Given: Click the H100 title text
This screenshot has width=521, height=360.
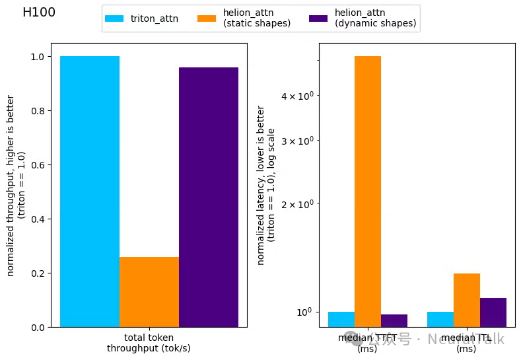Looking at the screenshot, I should tap(39, 13).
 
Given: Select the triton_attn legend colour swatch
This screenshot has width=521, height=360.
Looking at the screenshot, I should tap(114, 18).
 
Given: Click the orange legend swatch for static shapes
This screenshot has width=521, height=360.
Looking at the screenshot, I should tap(207, 18).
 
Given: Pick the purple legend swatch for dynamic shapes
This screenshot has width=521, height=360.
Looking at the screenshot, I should tap(318, 18).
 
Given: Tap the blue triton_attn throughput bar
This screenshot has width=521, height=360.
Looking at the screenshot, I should tap(90, 192).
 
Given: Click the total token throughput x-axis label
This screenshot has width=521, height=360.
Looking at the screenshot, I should tap(149, 343).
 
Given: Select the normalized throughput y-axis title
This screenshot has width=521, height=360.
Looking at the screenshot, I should tap(16, 192).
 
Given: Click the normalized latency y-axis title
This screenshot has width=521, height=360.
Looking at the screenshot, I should tap(265, 185).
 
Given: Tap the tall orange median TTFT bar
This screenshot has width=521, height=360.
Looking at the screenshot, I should tap(368, 192).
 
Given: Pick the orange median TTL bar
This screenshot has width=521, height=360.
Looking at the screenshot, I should tap(467, 300).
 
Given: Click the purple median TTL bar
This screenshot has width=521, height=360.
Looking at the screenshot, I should tap(493, 312).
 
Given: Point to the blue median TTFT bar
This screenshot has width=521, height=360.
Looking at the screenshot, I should tap(341, 319).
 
